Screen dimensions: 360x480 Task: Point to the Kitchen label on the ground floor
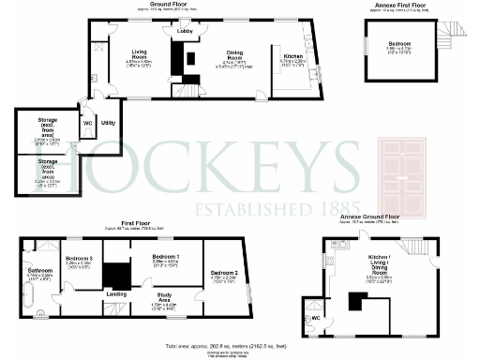coord(293,56)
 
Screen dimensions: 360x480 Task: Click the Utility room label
coord(108,123)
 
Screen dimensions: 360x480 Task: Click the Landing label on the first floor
coord(116,294)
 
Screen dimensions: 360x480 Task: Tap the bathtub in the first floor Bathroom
coord(25,300)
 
